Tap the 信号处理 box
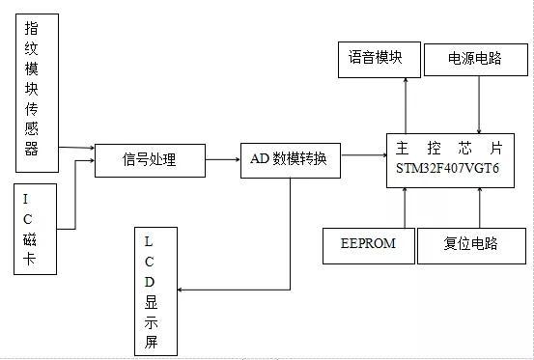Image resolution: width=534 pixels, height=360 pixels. [x=150, y=159]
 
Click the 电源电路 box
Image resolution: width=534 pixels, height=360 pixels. [x=475, y=59]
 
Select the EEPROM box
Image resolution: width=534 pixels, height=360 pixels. [x=367, y=243]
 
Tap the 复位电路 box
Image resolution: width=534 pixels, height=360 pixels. [x=470, y=243]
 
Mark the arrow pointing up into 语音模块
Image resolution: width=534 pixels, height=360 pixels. [x=406, y=102]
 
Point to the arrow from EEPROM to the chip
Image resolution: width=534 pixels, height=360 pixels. [x=406, y=207]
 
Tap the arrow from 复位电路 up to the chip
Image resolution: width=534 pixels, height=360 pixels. [x=480, y=207]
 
